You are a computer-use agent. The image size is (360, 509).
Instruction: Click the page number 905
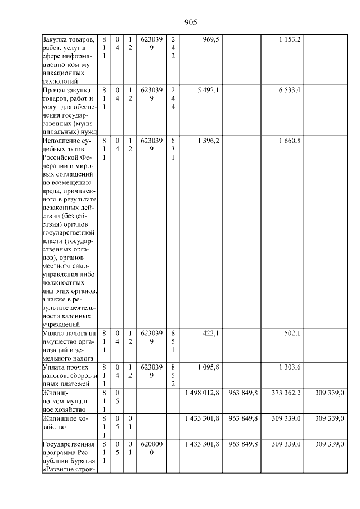[x=191, y=22]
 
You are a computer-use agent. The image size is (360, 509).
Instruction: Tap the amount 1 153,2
[x=289, y=40]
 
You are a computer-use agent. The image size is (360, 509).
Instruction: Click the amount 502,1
[x=291, y=333]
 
